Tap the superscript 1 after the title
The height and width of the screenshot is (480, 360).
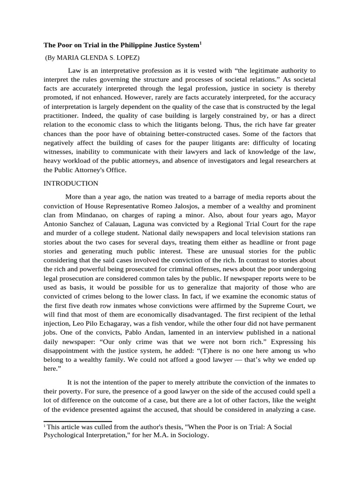click(200, 43)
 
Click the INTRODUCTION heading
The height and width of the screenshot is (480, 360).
click(71, 183)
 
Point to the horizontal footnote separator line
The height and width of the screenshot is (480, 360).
click(77, 421)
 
